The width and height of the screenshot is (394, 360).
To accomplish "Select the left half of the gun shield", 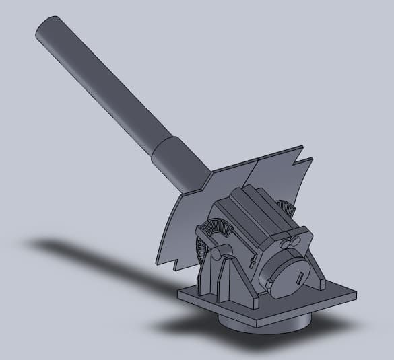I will coord(192,215).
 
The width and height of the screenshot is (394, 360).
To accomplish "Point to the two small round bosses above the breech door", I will coord(292,240).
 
